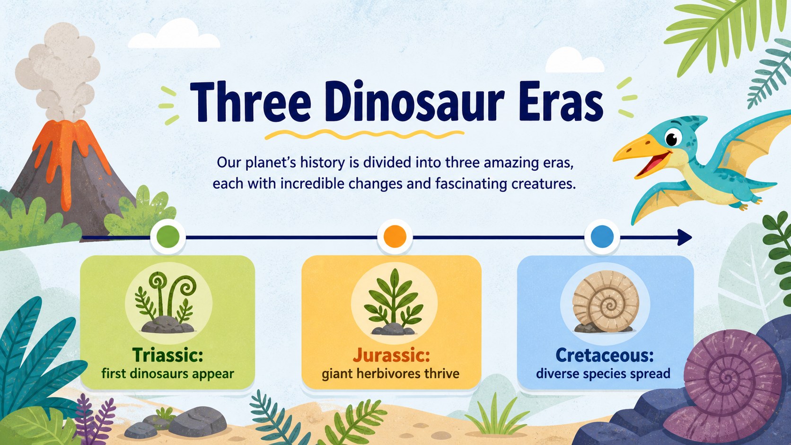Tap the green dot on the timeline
[168, 236]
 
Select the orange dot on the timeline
[395, 236]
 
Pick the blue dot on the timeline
[602, 236]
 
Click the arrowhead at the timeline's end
[685, 237]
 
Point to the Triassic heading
[168, 355]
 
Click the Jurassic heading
[391, 355]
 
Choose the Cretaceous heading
[605, 355]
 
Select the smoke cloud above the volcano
[58, 70]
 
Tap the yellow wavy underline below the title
[364, 134]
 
